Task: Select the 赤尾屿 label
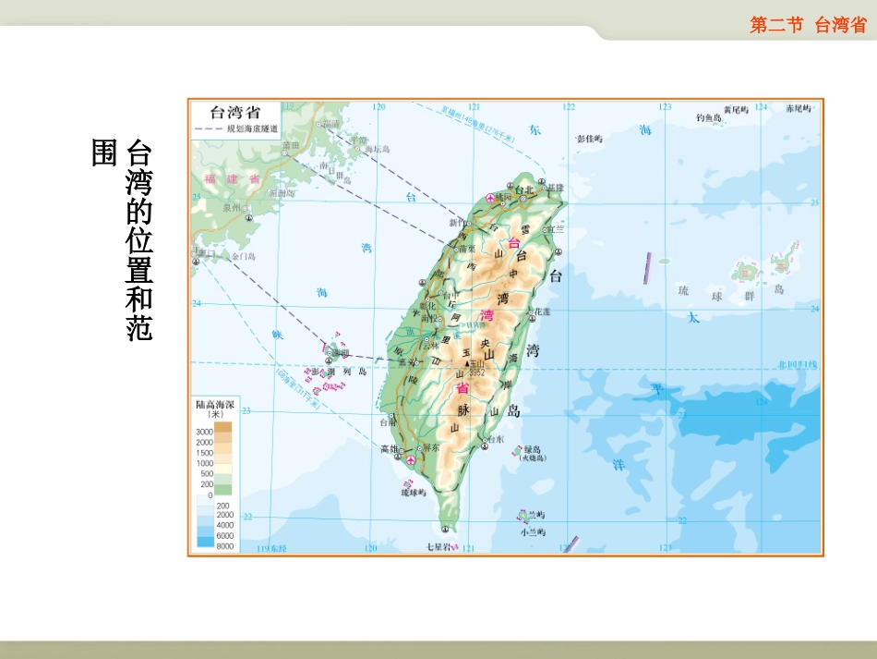[798, 108]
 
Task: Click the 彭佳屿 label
[589, 139]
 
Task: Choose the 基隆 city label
[555, 188]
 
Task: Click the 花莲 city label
[543, 312]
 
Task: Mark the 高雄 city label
[390, 448]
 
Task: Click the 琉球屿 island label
[413, 493]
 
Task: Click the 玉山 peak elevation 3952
[476, 372]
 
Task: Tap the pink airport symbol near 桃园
[490, 197]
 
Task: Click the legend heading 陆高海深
[213, 404]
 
